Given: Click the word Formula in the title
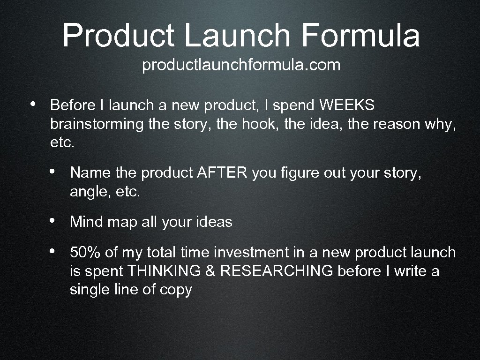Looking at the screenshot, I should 360,36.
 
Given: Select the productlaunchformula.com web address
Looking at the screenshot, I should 241,65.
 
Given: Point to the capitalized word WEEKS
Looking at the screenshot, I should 347,105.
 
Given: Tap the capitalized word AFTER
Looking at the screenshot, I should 222,173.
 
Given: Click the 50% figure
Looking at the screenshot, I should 85,252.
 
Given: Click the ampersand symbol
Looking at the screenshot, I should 211,271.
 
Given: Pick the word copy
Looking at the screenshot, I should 176,290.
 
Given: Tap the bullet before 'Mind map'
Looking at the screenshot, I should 54,220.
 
